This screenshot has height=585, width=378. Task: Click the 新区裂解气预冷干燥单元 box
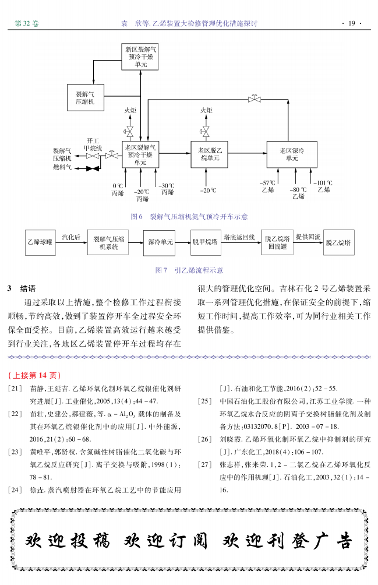140,57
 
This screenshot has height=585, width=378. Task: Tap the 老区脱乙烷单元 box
209,154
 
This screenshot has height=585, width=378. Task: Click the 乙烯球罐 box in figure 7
40,242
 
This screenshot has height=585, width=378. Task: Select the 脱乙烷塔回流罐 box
277,242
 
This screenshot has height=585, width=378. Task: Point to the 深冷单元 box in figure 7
160,242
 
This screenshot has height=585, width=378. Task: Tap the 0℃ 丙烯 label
118,189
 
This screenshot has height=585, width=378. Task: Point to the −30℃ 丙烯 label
167,189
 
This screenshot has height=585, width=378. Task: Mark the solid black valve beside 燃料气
92,169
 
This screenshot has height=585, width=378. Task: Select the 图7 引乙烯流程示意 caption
189,270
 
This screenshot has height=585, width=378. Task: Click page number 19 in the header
351,23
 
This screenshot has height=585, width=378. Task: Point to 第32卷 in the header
27,23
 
